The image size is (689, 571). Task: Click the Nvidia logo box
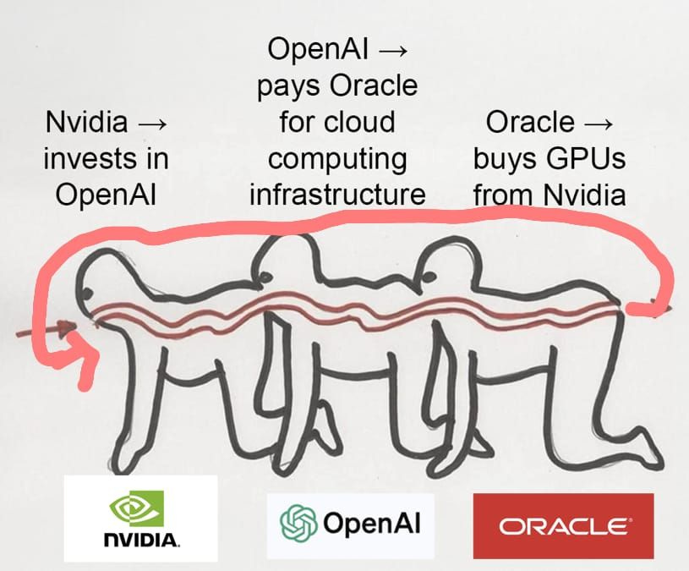(x=140, y=518)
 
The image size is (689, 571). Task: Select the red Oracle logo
(x=562, y=526)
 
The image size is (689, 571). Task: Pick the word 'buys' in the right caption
(x=510, y=159)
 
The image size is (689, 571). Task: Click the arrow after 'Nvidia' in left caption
(x=152, y=123)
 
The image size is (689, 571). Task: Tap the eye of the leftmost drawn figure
(x=87, y=294)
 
